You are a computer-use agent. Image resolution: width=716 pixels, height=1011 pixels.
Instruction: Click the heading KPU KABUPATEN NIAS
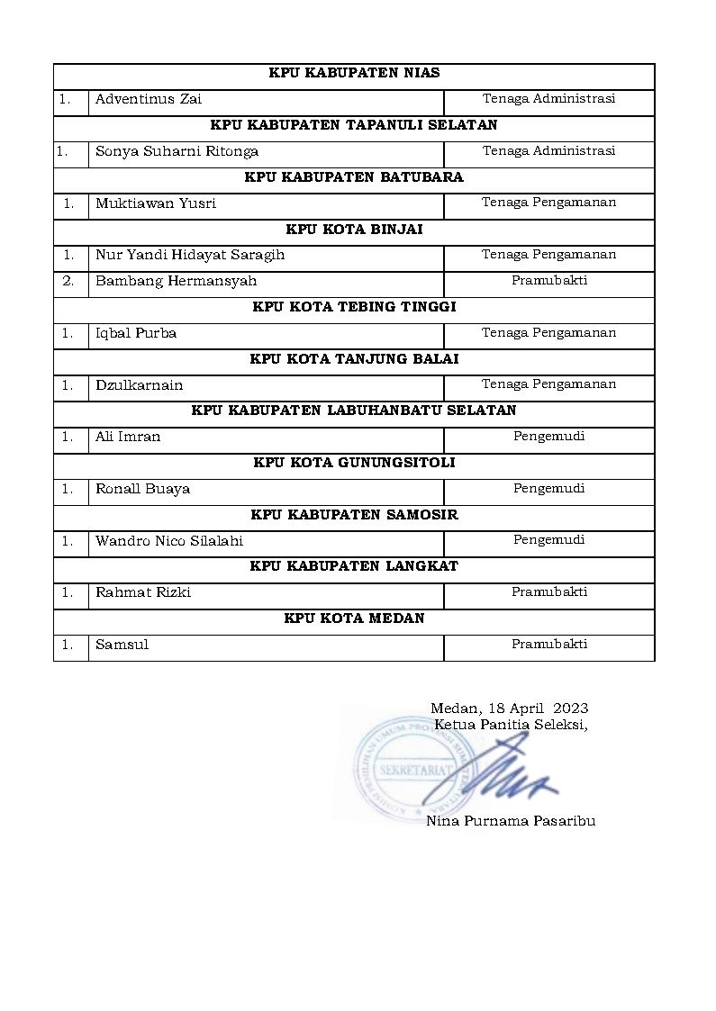pos(354,74)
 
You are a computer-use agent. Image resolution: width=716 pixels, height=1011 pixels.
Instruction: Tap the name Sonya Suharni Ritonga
pos(177,151)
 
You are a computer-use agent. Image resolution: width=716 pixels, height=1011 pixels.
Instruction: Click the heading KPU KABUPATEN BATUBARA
pos(354,177)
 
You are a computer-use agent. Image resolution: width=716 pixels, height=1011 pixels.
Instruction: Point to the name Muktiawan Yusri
pos(156,203)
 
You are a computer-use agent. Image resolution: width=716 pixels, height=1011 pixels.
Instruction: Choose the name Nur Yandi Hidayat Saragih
pos(190,255)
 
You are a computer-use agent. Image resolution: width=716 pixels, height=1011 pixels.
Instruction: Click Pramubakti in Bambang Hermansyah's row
pos(549,281)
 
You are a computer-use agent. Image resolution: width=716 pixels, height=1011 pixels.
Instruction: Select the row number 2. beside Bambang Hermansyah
pos(68,281)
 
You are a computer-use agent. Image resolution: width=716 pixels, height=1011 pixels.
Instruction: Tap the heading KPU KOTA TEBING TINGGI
pos(354,307)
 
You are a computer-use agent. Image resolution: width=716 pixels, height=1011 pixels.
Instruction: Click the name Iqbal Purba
pos(136,333)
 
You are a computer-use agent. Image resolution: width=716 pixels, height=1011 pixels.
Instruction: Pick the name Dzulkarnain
pos(139,385)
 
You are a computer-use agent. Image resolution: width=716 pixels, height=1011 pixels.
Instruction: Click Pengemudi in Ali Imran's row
pos(549,437)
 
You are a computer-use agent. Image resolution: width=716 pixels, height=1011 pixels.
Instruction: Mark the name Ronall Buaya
pos(142,489)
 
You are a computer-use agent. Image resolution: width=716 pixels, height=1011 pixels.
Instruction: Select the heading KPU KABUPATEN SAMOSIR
pos(354,515)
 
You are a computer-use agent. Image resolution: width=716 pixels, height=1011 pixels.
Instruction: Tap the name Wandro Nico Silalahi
pos(169,541)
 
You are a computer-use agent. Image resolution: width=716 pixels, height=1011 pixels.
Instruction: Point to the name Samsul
pos(122,645)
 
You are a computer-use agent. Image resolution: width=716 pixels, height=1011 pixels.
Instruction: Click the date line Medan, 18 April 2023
pos(509,709)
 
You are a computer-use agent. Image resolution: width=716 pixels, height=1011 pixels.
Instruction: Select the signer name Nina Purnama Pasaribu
pos(511,821)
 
